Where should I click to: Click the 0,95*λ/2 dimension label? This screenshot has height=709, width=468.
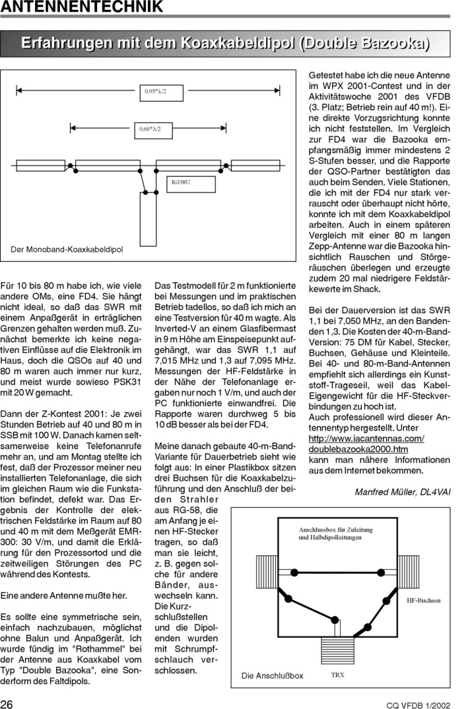point(156,92)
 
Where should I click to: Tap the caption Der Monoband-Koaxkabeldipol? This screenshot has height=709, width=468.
point(67,250)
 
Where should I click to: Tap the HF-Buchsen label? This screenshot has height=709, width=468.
point(423,600)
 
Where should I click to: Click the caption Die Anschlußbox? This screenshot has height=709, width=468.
point(272,675)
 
